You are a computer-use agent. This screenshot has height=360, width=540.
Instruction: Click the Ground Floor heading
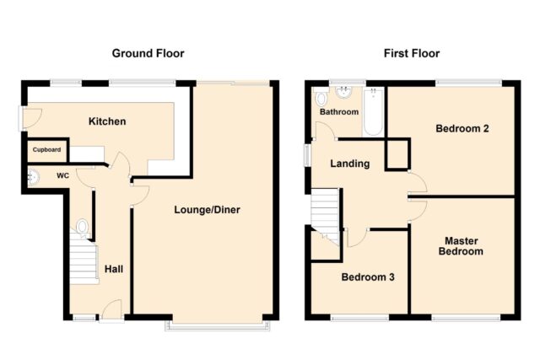click(148, 53)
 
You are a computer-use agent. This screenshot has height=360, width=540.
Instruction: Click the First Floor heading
click(412, 53)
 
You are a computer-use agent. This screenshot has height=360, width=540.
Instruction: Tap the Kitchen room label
click(107, 121)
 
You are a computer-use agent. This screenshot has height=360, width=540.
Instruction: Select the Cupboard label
click(47, 150)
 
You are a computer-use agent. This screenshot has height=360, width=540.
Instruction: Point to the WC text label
click(62, 176)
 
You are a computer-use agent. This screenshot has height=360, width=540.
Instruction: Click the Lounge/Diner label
click(207, 210)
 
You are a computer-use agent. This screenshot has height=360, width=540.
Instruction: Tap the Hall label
click(114, 269)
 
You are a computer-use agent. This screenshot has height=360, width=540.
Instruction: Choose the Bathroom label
click(339, 112)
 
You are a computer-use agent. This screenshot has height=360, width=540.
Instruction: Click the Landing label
click(350, 164)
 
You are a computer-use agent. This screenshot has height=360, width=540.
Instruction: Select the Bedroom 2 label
click(462, 128)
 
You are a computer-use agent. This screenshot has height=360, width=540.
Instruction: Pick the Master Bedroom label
click(461, 245)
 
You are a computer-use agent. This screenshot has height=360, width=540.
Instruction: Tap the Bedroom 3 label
click(368, 277)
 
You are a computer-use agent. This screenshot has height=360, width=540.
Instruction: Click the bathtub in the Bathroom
click(373, 111)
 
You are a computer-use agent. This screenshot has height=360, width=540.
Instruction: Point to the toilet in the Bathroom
click(321, 99)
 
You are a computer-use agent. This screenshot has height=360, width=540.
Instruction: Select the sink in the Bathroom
click(343, 92)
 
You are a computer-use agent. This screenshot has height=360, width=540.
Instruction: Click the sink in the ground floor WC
click(34, 177)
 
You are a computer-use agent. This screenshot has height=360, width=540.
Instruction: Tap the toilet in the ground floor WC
click(82, 228)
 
